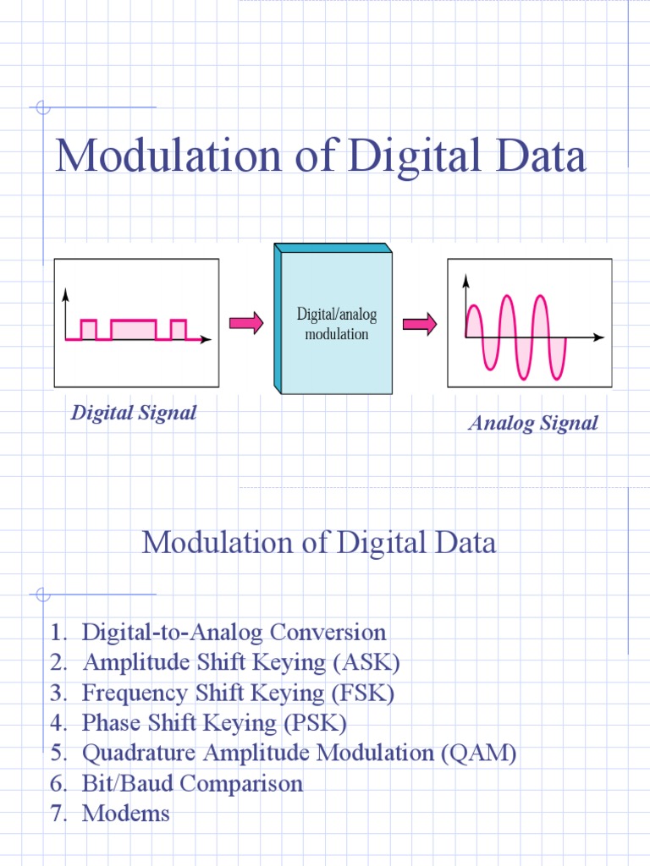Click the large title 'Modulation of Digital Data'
point(320,157)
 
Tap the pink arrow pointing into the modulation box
point(246,323)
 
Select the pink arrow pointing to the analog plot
point(419,323)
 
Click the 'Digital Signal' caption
point(134,413)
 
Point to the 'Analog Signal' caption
point(533,423)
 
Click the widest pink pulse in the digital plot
point(134,329)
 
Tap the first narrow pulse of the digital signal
point(89,329)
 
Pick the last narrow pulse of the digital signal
point(178,329)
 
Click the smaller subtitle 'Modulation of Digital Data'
point(319,542)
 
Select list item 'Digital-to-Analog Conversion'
point(234,632)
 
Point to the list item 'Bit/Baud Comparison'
point(192,784)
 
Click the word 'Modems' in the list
point(126,814)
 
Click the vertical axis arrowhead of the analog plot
point(465,277)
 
